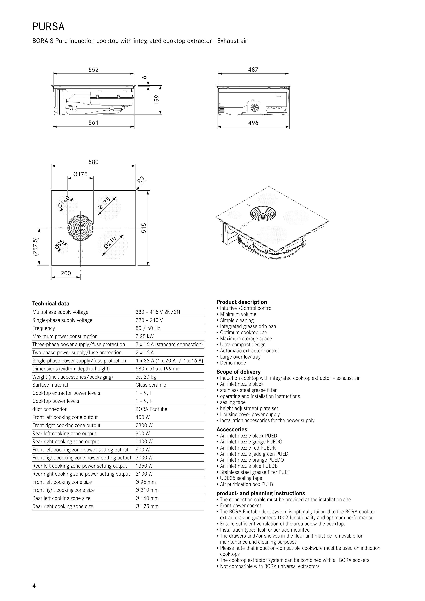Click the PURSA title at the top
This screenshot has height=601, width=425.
[x=49, y=27]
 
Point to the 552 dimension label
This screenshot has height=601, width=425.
[x=93, y=70]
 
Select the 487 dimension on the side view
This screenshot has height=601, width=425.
[x=253, y=70]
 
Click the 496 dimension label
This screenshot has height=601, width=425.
[x=253, y=123]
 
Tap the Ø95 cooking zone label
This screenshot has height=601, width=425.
[x=59, y=244]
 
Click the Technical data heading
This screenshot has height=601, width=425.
[x=51, y=304]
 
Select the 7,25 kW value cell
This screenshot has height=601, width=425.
[x=145, y=336]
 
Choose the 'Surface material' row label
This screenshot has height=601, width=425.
[x=50, y=385]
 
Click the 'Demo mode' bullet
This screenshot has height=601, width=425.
[x=233, y=363]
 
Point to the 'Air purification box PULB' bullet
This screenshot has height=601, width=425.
[x=246, y=484]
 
